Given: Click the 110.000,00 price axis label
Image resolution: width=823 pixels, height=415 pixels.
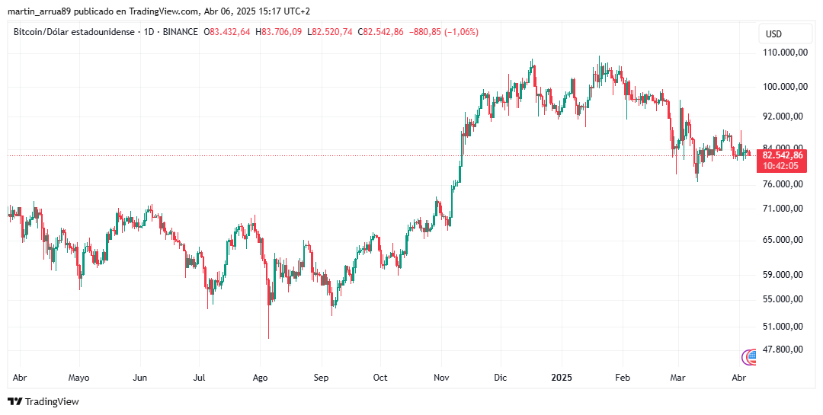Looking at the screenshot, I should point(785,53).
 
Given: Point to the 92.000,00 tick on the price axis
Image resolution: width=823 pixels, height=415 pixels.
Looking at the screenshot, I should point(785,117).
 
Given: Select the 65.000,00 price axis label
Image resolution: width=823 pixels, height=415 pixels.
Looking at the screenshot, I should point(785,240).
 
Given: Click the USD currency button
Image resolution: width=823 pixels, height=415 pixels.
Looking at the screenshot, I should point(773,34).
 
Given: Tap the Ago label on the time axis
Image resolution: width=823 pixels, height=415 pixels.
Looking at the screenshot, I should point(261,378).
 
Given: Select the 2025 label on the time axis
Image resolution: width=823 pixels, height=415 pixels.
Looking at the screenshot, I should point(562,378).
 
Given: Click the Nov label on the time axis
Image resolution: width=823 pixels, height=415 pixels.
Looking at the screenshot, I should point(441,378).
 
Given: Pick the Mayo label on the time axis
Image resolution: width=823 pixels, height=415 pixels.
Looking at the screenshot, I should point(79,378).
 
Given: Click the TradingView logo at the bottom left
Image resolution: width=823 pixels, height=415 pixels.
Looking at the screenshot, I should point(43,401).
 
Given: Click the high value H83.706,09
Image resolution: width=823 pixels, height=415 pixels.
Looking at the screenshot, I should point(279,32).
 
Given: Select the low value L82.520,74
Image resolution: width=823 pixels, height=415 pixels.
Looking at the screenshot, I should point(330,32).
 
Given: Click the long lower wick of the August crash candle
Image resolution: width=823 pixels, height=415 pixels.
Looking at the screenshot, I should point(268,324).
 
